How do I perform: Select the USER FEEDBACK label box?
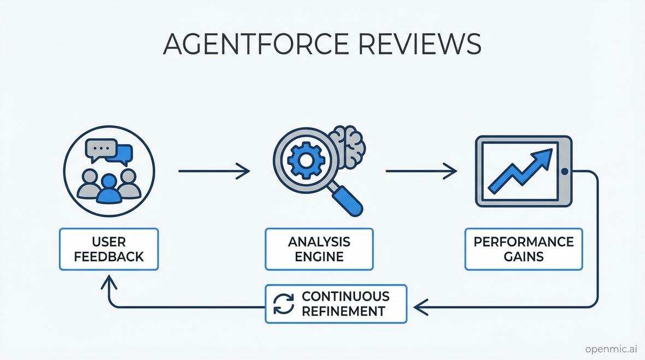click(109, 249)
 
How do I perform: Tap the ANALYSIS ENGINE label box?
click(319, 249)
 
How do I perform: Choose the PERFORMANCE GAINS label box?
click(524, 249)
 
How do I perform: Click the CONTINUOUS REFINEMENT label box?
click(336, 304)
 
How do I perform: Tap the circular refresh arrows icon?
click(284, 304)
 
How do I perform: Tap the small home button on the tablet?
click(564, 172)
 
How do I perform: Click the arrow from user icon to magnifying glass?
click(214, 172)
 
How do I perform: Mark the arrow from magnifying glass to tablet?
click(421, 172)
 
